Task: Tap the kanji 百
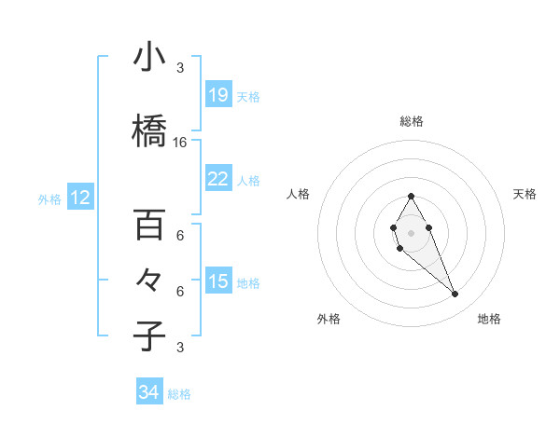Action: [149, 225]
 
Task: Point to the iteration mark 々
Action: [149, 281]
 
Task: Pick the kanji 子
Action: [149, 336]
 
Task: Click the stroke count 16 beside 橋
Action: [180, 143]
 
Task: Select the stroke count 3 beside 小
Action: [180, 67]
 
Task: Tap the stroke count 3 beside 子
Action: [180, 348]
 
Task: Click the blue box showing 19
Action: [218, 95]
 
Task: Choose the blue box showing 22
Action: [218, 179]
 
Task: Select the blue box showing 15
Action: [218, 281]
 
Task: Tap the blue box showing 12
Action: [80, 198]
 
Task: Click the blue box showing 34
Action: [149, 392]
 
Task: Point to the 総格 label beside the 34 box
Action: [180, 394]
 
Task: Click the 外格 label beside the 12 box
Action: [49, 198]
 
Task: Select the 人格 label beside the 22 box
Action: [249, 180]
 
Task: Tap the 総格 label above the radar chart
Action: [412, 121]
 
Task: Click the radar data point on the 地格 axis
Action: [455, 294]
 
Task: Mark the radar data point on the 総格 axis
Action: [411, 197]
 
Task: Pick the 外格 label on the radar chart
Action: [329, 319]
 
